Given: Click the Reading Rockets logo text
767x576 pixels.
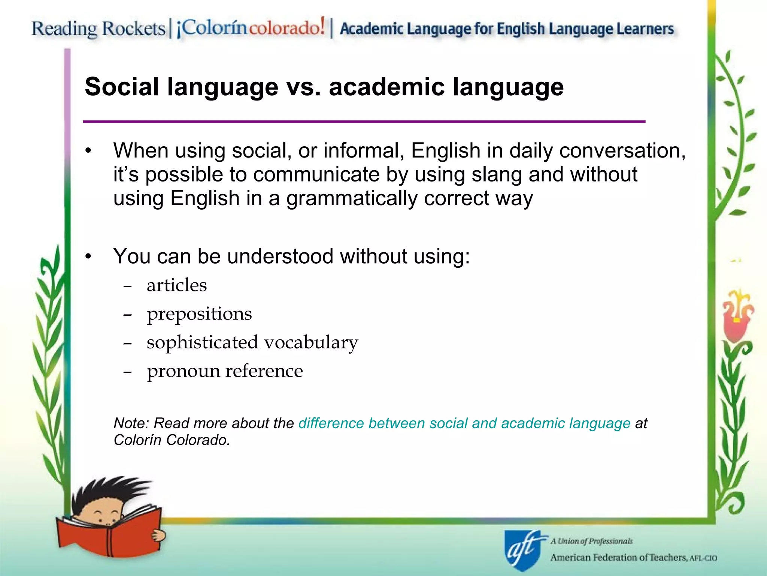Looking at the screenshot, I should click(98, 28).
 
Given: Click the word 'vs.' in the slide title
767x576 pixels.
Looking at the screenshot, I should click(304, 87).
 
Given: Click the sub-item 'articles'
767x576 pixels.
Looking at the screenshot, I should click(177, 285).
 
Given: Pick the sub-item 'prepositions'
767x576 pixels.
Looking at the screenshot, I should click(199, 314).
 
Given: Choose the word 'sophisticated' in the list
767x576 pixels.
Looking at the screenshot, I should click(202, 342).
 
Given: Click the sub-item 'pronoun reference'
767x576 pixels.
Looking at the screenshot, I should click(225, 371).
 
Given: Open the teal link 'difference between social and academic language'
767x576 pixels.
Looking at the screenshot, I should click(464, 423).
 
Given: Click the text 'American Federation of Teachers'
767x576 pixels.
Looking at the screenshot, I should click(618, 558).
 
